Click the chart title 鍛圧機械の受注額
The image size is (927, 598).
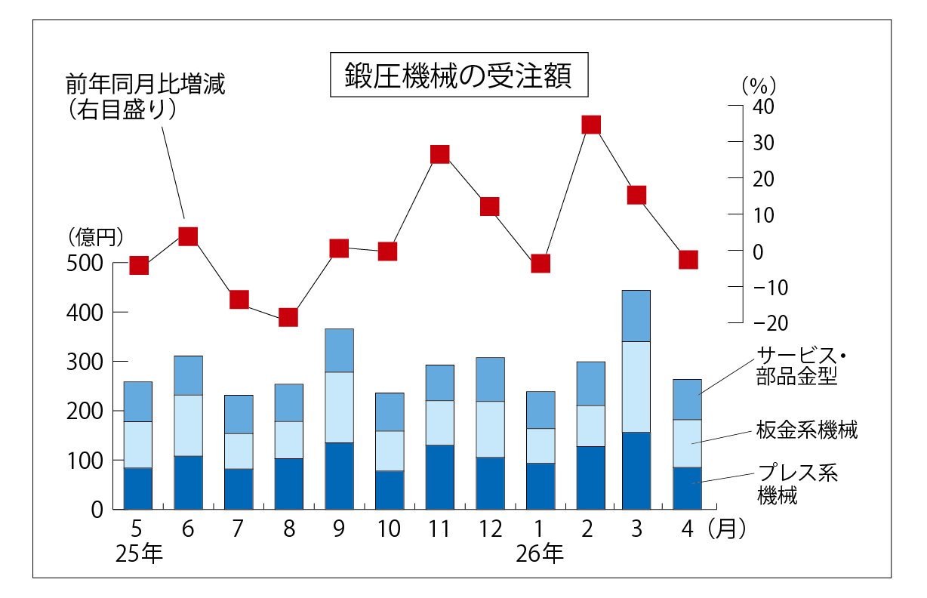pyautogui.click(x=458, y=75)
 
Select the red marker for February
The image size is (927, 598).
pyautogui.click(x=591, y=125)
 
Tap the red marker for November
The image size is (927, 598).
pyautogui.click(x=439, y=154)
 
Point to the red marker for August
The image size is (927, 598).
pyautogui.click(x=288, y=317)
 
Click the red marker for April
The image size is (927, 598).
pyautogui.click(x=688, y=260)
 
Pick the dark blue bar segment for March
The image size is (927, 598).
pyautogui.click(x=636, y=471)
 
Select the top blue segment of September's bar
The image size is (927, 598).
pyautogui.click(x=339, y=350)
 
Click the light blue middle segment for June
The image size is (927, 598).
pyautogui.click(x=188, y=425)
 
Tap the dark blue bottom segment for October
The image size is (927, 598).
pyautogui.click(x=390, y=490)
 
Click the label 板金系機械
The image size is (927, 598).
pyautogui.click(x=806, y=430)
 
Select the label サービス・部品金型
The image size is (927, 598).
pyautogui.click(x=800, y=366)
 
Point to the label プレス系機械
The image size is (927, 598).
pyautogui.click(x=797, y=483)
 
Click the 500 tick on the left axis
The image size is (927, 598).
pyautogui.click(x=85, y=264)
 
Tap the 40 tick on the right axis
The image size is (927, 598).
pyautogui.click(x=763, y=106)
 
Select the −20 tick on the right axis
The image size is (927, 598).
pyautogui.click(x=771, y=323)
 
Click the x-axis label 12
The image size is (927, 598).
pyautogui.click(x=490, y=529)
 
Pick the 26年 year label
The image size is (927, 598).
pyautogui.click(x=540, y=553)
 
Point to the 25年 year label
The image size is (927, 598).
pyautogui.click(x=139, y=553)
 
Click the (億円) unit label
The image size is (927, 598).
pyautogui.click(x=96, y=237)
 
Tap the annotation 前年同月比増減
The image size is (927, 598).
pyautogui.click(x=145, y=84)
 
